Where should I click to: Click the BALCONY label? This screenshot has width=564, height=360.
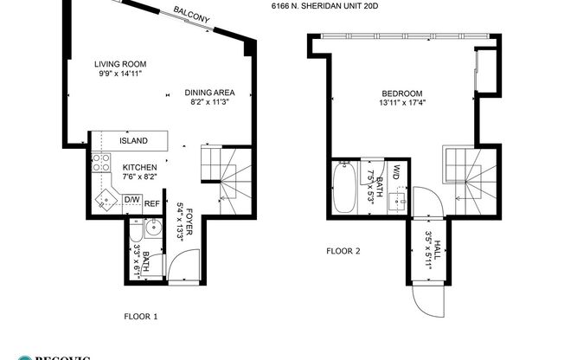pyautogui.click(x=191, y=15)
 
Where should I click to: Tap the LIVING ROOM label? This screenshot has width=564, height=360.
pyautogui.click(x=119, y=64)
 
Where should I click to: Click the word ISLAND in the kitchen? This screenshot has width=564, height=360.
pyautogui.click(x=132, y=140)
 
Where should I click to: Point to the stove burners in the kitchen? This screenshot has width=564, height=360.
pyautogui.click(x=99, y=164)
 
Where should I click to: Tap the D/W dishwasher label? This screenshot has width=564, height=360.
pyautogui.click(x=131, y=200)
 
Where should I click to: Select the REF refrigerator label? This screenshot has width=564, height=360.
pyautogui.click(x=151, y=204)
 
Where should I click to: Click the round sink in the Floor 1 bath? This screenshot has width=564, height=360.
pyautogui.click(x=151, y=229)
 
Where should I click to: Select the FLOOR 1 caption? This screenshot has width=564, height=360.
pyautogui.click(x=140, y=317)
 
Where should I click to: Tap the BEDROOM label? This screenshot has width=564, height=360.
pyautogui.click(x=401, y=93)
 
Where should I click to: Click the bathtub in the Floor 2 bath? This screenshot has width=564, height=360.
pyautogui.click(x=343, y=190)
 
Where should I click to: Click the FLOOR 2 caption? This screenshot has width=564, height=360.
pyautogui.click(x=343, y=252)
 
